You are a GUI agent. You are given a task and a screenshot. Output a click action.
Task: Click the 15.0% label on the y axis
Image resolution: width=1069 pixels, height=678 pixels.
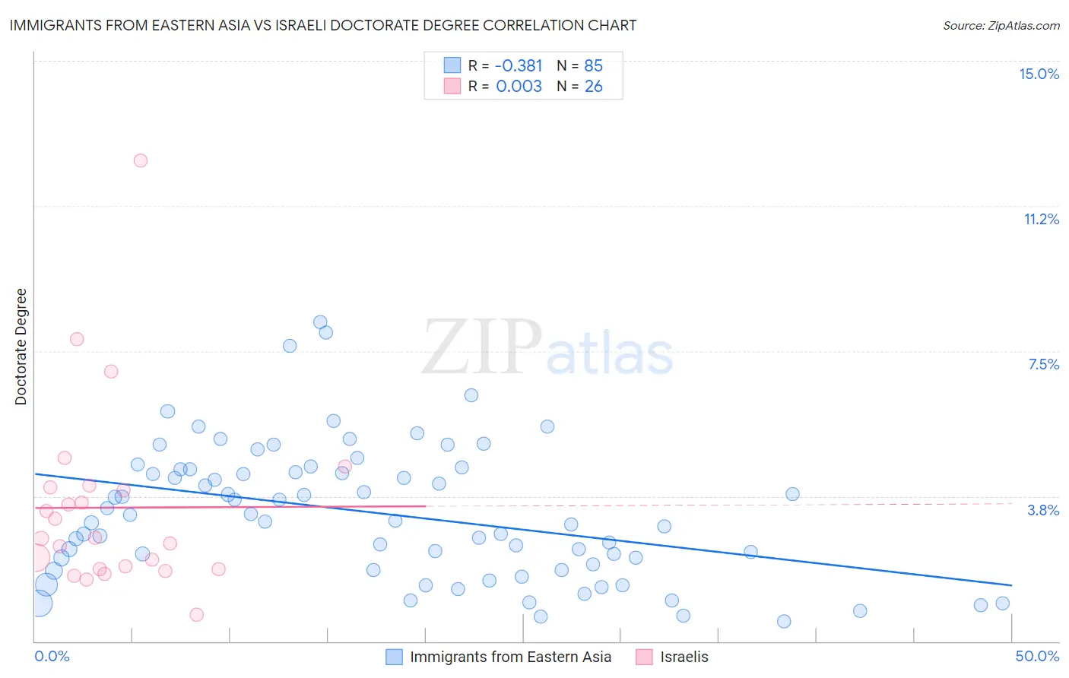coord(1039,74)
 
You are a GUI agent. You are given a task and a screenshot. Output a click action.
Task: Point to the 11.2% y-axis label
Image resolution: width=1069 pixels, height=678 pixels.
coord(1041,219)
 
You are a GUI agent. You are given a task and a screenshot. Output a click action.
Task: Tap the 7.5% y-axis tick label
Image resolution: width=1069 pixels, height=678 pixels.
coord(1043,364)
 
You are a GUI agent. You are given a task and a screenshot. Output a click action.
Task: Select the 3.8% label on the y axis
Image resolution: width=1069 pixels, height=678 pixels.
coord(1043,510)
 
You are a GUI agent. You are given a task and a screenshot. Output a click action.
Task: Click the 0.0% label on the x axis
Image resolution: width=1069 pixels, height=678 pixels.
coord(52,656)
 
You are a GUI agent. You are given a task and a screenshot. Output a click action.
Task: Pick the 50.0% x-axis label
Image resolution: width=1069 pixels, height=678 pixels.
coord(1037,656)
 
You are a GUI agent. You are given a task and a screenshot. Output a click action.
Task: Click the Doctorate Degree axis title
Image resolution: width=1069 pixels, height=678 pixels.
coord(21,347)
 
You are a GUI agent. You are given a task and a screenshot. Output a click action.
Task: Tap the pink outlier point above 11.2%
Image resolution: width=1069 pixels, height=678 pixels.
coord(141,160)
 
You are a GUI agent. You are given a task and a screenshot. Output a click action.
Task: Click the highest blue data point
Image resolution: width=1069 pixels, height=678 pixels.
coord(320,322)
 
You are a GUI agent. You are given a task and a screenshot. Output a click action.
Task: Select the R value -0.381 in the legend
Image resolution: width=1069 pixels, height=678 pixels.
coord(519,66)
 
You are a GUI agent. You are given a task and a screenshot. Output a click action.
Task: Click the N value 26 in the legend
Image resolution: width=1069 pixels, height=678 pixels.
coord(593,87)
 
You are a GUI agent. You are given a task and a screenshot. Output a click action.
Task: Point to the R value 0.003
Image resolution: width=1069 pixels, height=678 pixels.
coord(519,87)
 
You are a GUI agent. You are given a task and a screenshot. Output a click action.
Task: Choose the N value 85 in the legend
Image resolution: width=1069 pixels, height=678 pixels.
coord(593,66)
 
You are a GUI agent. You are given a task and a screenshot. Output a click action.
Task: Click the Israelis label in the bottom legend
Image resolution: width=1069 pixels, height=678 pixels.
coord(684,657)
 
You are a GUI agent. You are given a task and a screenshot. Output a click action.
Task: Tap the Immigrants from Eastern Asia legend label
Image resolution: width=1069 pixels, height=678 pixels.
coord(510,657)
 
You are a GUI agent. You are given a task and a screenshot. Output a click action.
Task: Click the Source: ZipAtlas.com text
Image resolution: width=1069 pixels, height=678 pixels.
coord(1001,26)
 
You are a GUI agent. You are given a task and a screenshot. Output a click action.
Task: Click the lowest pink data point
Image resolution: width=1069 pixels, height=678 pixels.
coord(197,614)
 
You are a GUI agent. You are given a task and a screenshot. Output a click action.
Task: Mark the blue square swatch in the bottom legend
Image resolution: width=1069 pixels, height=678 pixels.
coord(394,657)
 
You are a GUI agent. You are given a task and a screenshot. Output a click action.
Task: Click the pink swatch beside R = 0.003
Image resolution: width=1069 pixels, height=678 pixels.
coord(452,87)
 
